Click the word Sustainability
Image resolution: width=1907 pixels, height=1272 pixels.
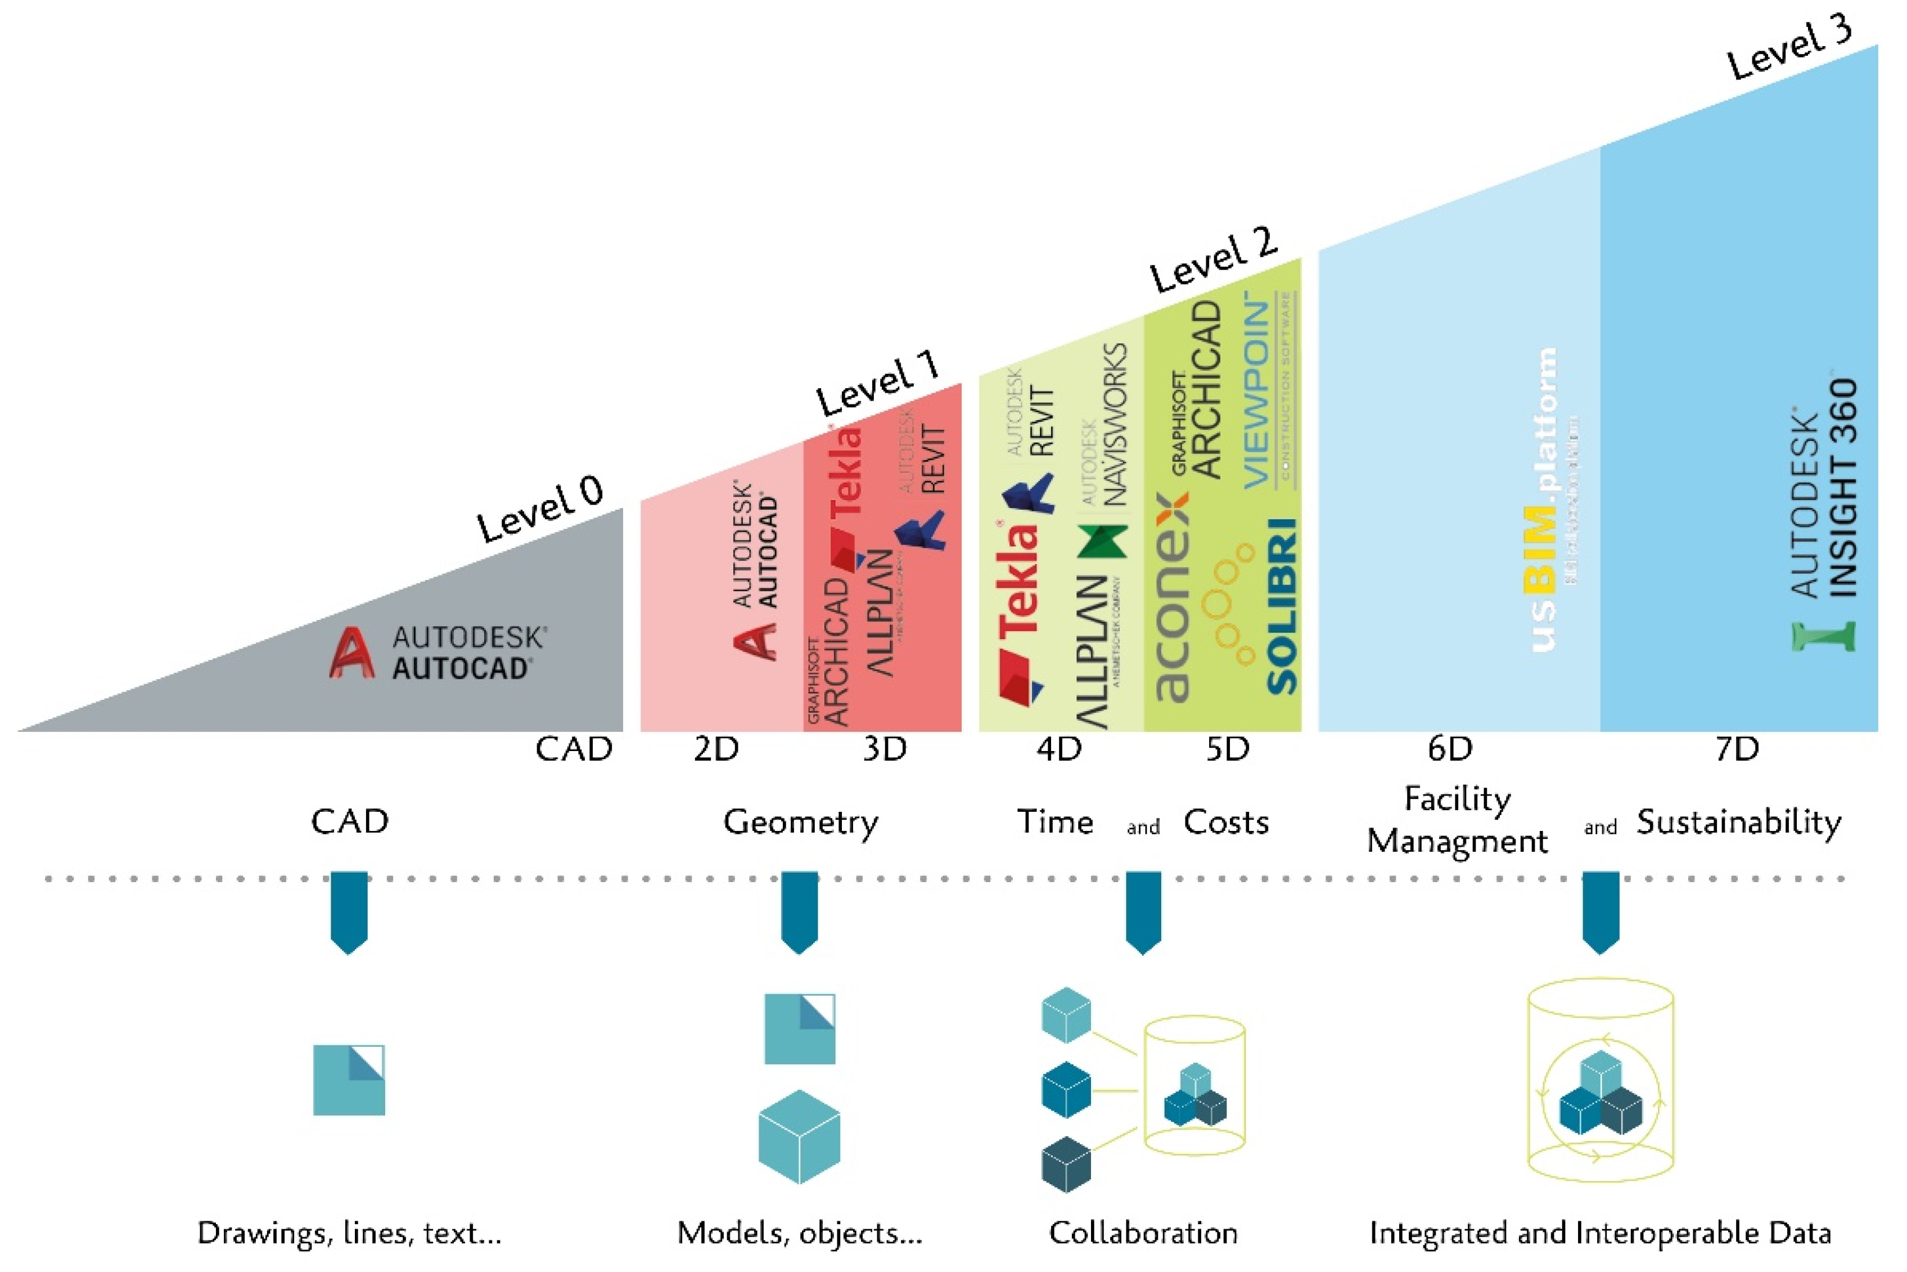point(1738,822)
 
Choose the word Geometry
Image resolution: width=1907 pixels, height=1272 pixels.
point(800,822)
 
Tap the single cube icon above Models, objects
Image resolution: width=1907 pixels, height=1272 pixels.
point(799,1136)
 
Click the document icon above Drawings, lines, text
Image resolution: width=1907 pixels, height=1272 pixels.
point(349,1080)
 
